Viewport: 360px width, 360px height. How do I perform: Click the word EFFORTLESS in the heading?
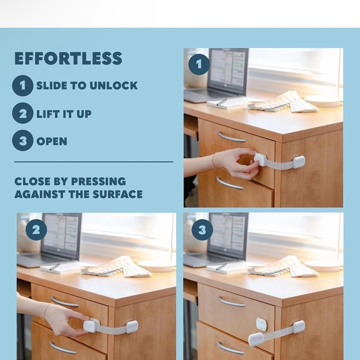(x=68, y=58)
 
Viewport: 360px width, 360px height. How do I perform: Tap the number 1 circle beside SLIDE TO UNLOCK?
(x=22, y=86)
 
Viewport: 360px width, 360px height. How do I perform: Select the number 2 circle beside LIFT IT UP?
(x=22, y=113)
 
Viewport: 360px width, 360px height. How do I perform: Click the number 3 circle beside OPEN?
(x=22, y=140)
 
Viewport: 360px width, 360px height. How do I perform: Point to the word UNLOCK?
(x=113, y=86)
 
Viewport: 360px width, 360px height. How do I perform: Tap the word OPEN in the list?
(x=52, y=141)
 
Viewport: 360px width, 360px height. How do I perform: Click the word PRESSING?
(x=99, y=181)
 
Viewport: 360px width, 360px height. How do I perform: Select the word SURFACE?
(x=118, y=194)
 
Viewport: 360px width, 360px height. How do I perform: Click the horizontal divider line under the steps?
(x=94, y=162)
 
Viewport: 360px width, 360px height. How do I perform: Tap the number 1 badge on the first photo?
(x=199, y=64)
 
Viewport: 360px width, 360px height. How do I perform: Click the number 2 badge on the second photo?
(x=36, y=230)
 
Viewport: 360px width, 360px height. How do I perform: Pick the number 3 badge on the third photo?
(x=202, y=230)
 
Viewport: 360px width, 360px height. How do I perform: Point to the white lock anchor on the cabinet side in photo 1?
(x=299, y=162)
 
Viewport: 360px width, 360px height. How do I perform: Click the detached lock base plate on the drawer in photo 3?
(x=261, y=324)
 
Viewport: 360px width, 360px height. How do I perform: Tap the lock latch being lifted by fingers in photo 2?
(x=90, y=327)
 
